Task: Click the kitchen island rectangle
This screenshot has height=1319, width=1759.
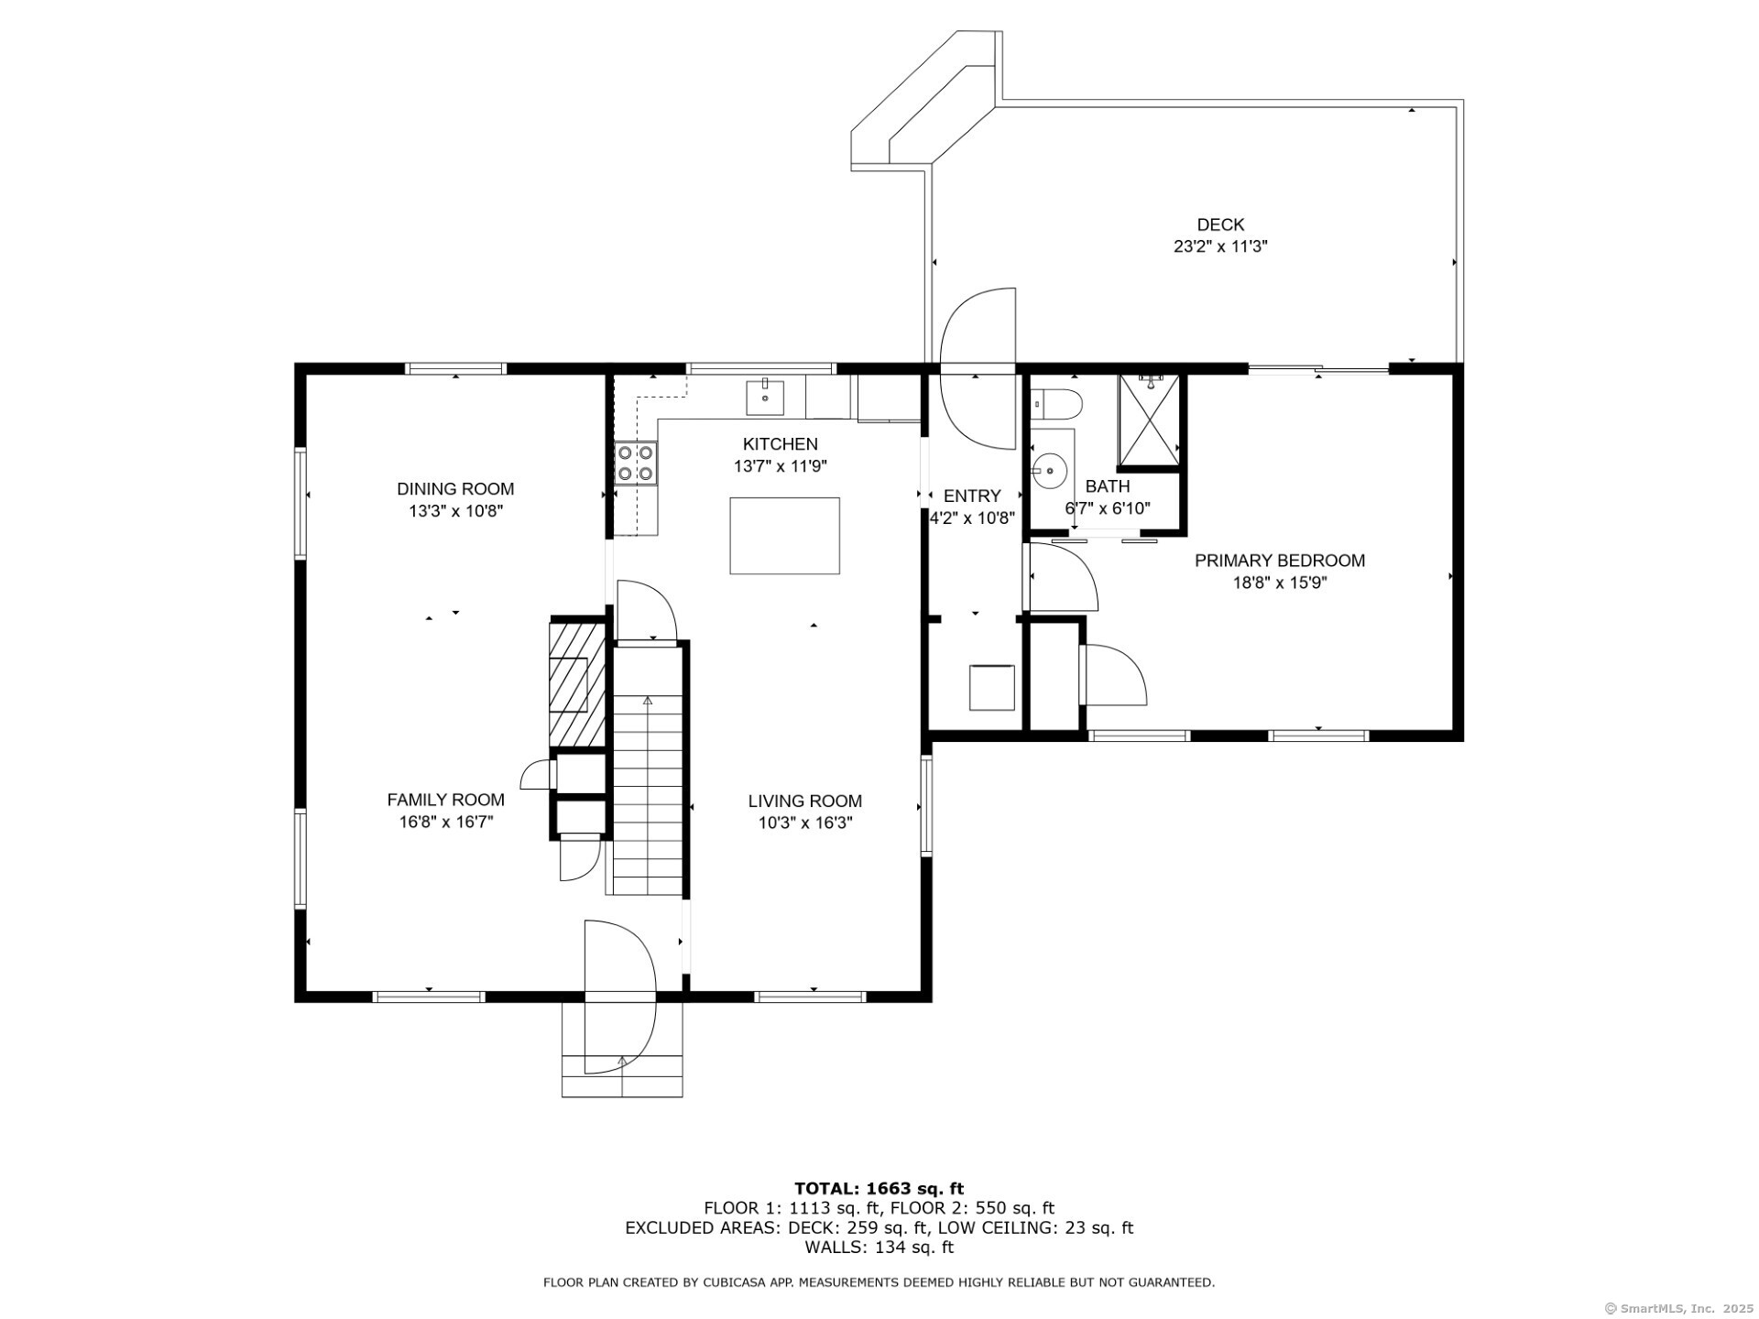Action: click(x=784, y=536)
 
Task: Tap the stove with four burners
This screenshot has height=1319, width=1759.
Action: click(x=636, y=463)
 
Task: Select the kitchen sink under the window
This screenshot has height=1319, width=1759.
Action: click(x=764, y=397)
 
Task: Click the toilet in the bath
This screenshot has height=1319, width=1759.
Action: click(x=1056, y=403)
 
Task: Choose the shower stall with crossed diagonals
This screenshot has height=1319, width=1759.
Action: click(x=1149, y=420)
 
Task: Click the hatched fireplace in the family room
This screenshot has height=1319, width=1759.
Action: click(x=577, y=684)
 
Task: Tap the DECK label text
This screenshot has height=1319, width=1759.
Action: click(x=1220, y=224)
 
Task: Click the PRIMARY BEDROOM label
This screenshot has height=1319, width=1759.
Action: click(x=1280, y=561)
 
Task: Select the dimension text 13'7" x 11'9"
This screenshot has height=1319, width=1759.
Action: click(x=781, y=466)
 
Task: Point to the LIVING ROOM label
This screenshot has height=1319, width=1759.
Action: click(x=805, y=801)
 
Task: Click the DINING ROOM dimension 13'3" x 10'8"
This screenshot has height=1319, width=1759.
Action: click(x=456, y=511)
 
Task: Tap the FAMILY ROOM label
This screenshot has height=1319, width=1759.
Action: click(x=446, y=801)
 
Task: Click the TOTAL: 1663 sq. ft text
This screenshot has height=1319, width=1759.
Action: click(x=879, y=1189)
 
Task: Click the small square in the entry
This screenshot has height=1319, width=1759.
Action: click(x=992, y=687)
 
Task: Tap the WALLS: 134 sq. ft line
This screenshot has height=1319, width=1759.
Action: click(x=879, y=1248)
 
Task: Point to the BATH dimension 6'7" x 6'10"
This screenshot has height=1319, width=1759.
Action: click(x=1107, y=508)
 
